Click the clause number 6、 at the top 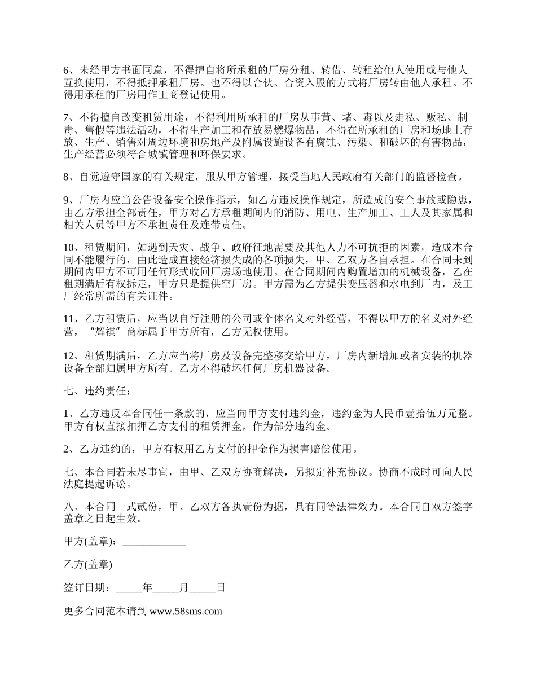click(70, 71)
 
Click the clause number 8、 click(70, 177)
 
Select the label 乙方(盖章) click(88, 564)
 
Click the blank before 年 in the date click(129, 587)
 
